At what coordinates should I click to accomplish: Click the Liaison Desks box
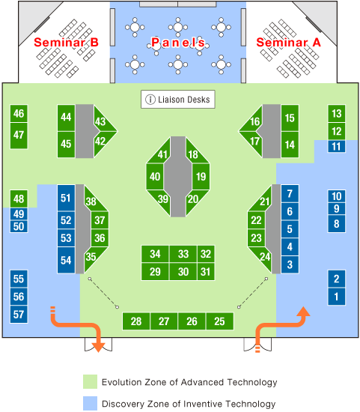pyautogui.click(x=178, y=100)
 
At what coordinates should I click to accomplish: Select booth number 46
pyautogui.click(x=19, y=114)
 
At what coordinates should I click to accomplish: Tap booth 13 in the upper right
pyautogui.click(x=336, y=114)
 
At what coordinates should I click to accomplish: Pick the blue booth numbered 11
pyautogui.click(x=336, y=146)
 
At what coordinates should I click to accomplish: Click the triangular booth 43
pyautogui.click(x=104, y=121)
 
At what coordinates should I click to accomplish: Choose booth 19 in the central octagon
pyautogui.click(x=201, y=177)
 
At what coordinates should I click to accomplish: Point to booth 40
pyautogui.click(x=155, y=177)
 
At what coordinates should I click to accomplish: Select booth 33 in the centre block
pyautogui.click(x=183, y=254)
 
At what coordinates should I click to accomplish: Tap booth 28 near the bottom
pyautogui.click(x=136, y=321)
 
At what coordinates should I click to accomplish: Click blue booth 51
pyautogui.click(x=66, y=198)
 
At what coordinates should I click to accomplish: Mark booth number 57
pyautogui.click(x=19, y=315)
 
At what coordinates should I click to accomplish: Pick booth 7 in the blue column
pyautogui.click(x=290, y=194)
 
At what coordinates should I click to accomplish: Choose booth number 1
pyautogui.click(x=336, y=297)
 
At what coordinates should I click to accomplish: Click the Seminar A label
pyautogui.click(x=288, y=42)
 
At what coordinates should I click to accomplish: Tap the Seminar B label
pyautogui.click(x=66, y=42)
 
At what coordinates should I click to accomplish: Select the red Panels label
pyautogui.click(x=178, y=43)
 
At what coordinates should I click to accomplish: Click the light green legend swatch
pyautogui.click(x=90, y=382)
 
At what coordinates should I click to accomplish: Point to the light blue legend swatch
pyautogui.click(x=90, y=403)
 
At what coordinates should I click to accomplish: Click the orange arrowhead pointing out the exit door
pyautogui.click(x=99, y=348)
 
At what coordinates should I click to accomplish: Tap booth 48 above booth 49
pyautogui.click(x=19, y=199)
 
